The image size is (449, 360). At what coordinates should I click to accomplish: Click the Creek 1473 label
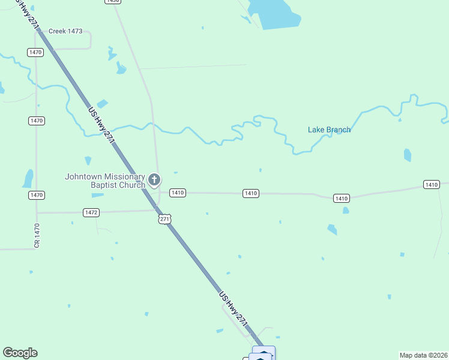(x=65, y=31)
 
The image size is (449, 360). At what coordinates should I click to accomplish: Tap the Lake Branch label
(x=329, y=130)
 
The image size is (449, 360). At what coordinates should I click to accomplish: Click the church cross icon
(x=154, y=179)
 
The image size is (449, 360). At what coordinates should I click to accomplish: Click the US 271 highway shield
(x=165, y=220)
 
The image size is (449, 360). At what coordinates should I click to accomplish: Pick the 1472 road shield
(x=91, y=212)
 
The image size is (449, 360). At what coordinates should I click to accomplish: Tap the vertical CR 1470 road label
(x=37, y=235)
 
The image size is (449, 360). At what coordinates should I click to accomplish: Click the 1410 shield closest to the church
(x=177, y=193)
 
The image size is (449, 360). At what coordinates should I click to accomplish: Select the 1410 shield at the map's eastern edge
(x=431, y=184)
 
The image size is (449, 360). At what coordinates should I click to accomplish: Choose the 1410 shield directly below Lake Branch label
(x=341, y=198)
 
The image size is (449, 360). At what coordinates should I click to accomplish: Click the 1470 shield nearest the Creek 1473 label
(x=35, y=53)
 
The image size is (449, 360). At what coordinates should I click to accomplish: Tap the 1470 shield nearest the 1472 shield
(x=36, y=195)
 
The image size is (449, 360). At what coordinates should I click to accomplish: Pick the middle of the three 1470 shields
(x=36, y=121)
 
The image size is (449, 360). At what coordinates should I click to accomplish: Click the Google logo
(x=20, y=353)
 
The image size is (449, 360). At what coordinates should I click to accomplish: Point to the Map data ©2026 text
(x=423, y=355)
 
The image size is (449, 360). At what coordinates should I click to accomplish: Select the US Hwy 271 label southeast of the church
(x=234, y=310)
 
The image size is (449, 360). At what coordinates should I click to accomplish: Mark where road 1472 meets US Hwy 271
(x=157, y=209)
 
